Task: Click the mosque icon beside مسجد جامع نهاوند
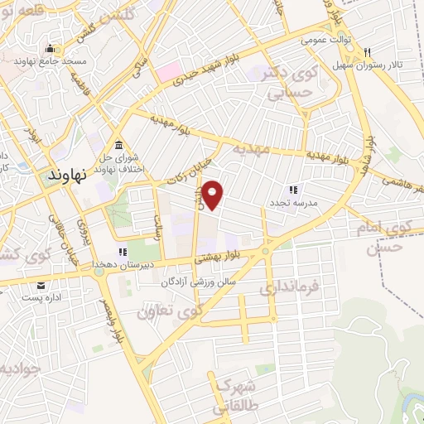50,47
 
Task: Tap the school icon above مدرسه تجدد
292,190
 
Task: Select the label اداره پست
41,297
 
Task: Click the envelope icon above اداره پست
41,285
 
